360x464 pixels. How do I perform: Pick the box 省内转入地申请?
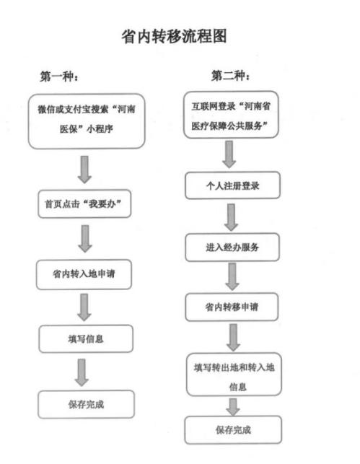(84, 274)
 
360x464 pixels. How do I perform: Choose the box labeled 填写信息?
(85, 338)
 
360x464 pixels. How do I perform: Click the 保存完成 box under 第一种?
(85, 403)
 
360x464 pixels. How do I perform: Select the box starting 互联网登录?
(230, 116)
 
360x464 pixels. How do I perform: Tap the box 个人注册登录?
(231, 185)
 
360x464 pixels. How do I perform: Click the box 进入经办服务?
(232, 247)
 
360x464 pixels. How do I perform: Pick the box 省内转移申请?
(232, 307)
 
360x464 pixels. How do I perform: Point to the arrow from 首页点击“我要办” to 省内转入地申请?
(84, 239)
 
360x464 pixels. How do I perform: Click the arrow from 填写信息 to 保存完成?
(84, 372)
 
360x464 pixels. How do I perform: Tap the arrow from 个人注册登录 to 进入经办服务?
(231, 216)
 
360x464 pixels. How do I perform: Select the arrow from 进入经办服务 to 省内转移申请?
(232, 276)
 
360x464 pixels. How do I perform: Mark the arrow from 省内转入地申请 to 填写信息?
(84, 307)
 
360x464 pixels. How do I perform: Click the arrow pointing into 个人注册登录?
(230, 154)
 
